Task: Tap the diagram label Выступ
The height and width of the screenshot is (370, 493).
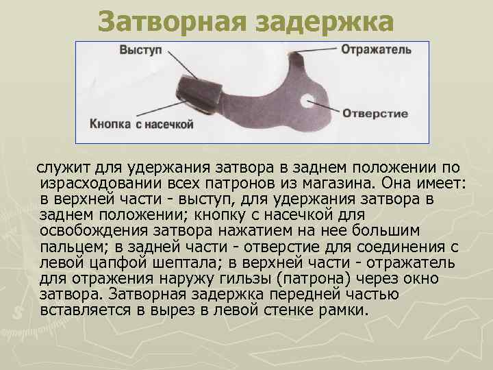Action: coord(140,50)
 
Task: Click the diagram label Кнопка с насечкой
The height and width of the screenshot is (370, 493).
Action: coord(142,125)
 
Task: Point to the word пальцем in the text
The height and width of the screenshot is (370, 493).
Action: coord(68,247)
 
